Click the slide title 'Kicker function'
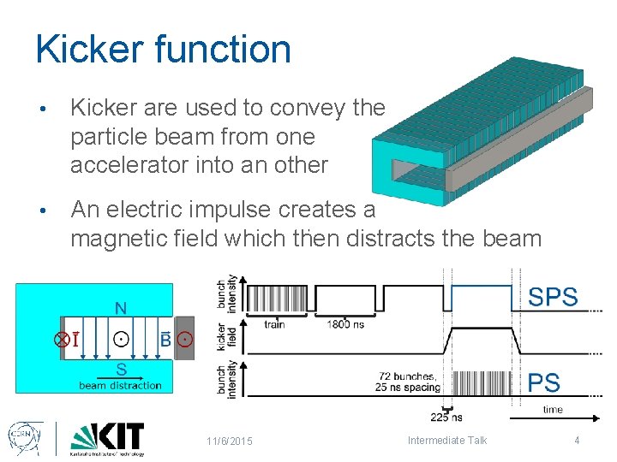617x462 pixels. tap(163, 50)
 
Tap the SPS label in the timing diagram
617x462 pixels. tap(553, 298)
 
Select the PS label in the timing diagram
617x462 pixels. tap(544, 382)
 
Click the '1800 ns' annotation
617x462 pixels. tap(345, 324)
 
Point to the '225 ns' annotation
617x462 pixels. tap(446, 418)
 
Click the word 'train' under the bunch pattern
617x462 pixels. tap(274, 324)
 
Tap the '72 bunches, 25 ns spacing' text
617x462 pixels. tap(407, 382)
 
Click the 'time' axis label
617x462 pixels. tap(553, 410)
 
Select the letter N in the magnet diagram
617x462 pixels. tap(121, 308)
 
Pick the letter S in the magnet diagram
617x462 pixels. tap(121, 370)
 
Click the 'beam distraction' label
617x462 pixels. tap(120, 385)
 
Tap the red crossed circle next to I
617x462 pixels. tap(62, 340)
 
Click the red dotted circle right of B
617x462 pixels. tap(185, 340)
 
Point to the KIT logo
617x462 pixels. tap(107, 439)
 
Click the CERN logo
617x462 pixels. tap(23, 438)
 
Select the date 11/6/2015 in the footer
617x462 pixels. tap(229, 441)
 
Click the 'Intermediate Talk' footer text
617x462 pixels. tap(446, 441)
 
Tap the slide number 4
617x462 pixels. tap(577, 441)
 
